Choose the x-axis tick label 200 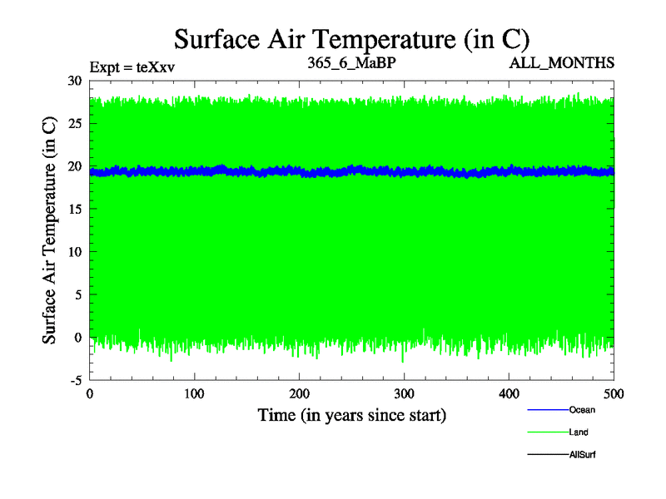point(299,393)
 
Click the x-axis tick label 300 point(404,393)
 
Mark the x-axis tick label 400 point(509,393)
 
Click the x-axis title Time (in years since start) point(352,414)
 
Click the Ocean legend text point(582,410)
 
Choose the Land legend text point(579,432)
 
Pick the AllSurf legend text point(583,454)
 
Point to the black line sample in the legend point(547,454)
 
